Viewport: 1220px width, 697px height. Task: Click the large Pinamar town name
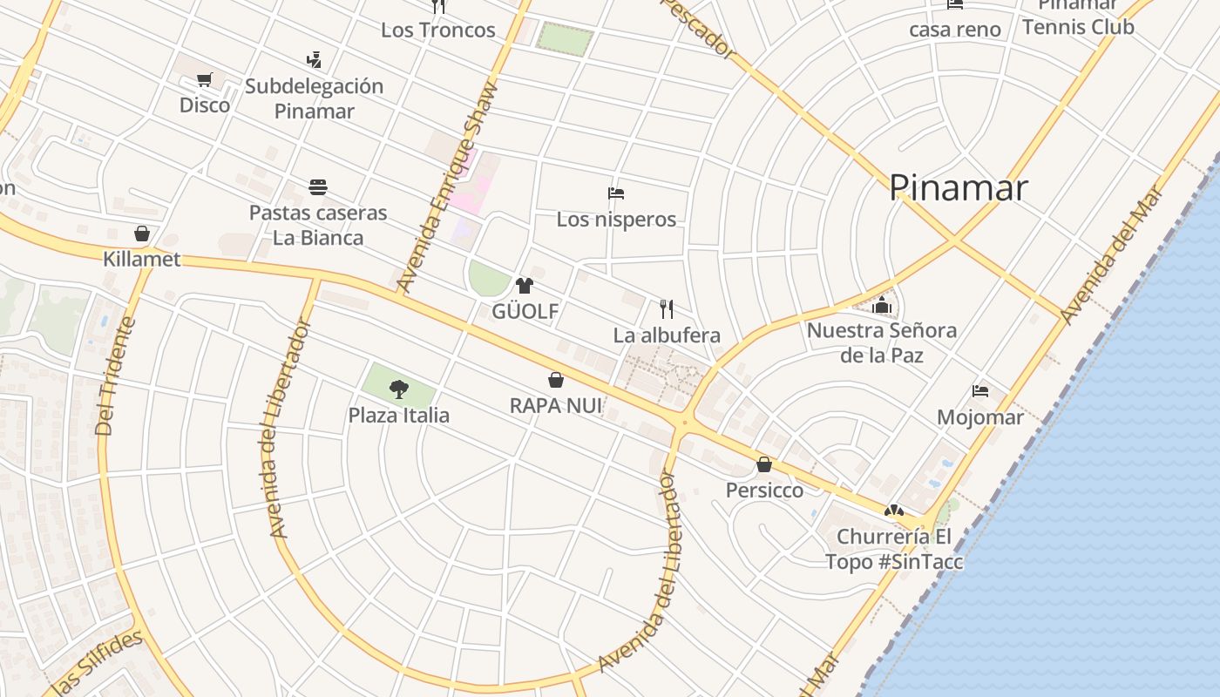point(958,188)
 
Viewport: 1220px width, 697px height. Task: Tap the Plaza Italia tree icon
point(399,389)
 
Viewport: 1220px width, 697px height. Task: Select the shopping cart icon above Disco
point(204,80)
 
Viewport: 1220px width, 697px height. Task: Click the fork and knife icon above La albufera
point(667,309)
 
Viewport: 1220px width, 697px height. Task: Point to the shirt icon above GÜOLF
point(524,286)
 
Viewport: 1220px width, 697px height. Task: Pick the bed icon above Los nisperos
point(616,193)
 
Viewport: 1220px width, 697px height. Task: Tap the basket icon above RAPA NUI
point(556,380)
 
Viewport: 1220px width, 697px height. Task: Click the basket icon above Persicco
point(764,464)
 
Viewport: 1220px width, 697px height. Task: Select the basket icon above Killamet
point(142,233)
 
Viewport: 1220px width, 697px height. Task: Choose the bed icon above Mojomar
point(980,391)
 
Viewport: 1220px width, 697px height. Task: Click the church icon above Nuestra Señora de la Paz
point(882,305)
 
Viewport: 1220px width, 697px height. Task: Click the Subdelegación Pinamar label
point(314,98)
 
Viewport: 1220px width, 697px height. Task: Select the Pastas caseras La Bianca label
point(318,225)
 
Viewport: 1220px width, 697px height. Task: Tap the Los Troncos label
point(437,30)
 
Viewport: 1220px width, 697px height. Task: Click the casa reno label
point(955,30)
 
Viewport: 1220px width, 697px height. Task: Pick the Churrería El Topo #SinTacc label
point(895,549)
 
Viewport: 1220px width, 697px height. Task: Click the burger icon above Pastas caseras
point(318,187)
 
